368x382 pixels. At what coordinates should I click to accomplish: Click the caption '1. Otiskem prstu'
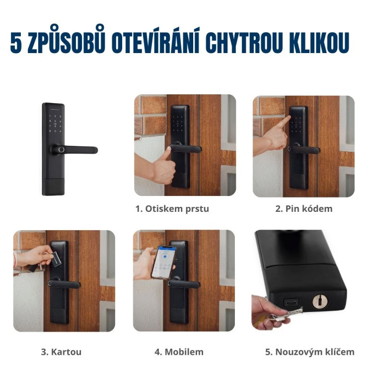coord(172,209)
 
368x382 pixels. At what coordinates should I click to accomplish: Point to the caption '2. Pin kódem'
coord(304,209)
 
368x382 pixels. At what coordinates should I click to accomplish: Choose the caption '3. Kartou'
coord(61,352)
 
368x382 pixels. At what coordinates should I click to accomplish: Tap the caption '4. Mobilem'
coord(179,352)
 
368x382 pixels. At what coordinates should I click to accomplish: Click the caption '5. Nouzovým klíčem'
coord(310,352)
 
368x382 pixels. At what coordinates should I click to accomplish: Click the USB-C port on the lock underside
coord(291,303)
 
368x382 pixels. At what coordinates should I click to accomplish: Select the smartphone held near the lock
coord(163,262)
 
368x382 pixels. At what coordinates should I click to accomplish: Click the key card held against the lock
coord(56,259)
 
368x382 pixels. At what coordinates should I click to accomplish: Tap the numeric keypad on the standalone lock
coord(55,124)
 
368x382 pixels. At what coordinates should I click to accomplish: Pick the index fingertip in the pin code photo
coord(289,118)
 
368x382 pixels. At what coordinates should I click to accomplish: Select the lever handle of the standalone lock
coord(74,150)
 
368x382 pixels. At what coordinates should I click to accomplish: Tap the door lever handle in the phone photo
coord(184,284)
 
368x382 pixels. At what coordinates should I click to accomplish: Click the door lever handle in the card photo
coord(65,284)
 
